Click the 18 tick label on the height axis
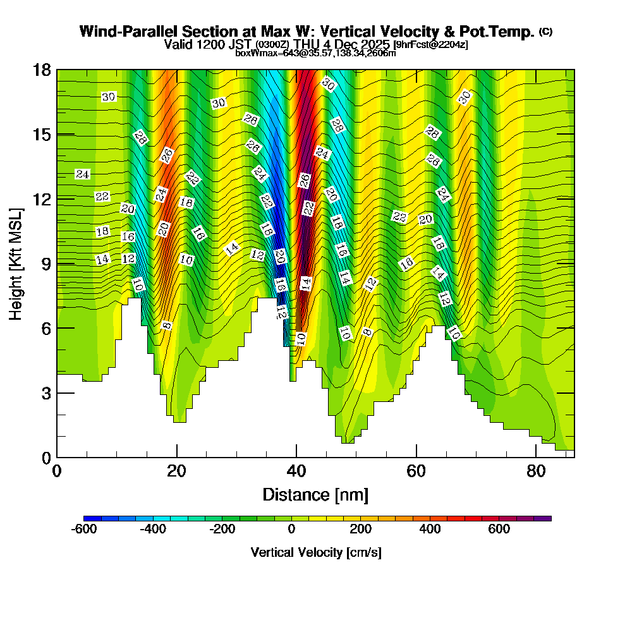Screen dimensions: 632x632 (x=42, y=70)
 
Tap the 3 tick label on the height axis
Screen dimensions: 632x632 (x=46, y=393)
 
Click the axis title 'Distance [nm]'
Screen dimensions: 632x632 (x=315, y=494)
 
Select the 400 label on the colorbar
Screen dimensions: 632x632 (x=430, y=530)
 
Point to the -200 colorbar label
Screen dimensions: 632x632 (x=222, y=530)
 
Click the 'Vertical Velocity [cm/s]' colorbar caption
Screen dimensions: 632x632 (x=316, y=552)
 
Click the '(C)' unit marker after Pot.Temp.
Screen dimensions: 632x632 (x=545, y=32)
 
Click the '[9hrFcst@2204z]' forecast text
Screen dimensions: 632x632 (x=430, y=45)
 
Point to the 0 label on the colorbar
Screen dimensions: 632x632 (x=291, y=530)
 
